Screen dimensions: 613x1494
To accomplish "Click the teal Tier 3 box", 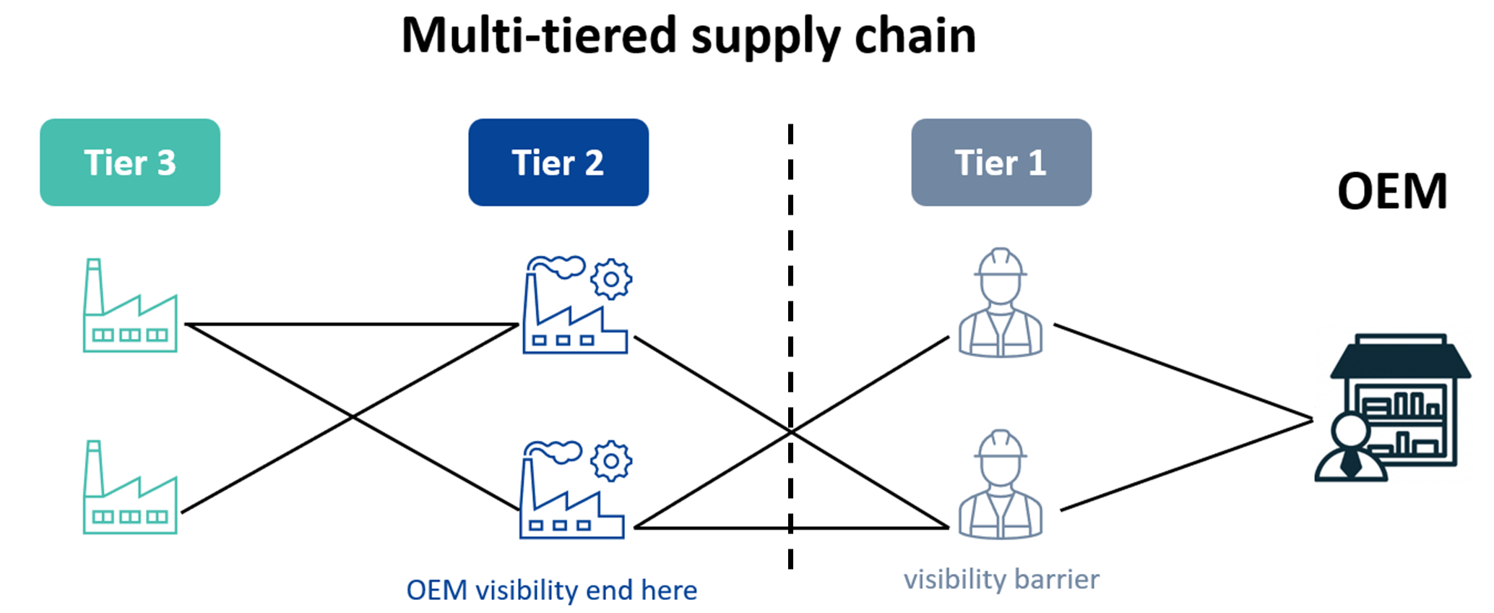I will pos(130,163).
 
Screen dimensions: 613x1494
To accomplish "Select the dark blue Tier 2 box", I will pos(558,163).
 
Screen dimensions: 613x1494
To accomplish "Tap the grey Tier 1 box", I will pos(1001,163).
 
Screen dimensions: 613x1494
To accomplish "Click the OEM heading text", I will pos(1391,192).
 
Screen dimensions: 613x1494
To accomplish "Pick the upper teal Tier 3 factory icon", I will pos(130,306).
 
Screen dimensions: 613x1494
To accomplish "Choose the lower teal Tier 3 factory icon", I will pos(130,489).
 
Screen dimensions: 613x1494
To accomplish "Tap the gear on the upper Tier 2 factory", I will pos(611,279).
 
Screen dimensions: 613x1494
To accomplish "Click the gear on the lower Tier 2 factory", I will pos(611,460).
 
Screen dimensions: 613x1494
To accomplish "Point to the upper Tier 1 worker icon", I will pos(1001,304).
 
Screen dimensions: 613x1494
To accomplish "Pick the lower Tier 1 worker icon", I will pos(1001,486).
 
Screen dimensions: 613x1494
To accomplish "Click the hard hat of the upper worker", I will pos(1001,262).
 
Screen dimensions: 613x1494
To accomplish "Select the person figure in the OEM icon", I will pos(1350,448).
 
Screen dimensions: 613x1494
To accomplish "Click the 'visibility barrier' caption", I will pos(1001,580).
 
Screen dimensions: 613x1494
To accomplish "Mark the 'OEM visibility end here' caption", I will pos(551,591).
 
